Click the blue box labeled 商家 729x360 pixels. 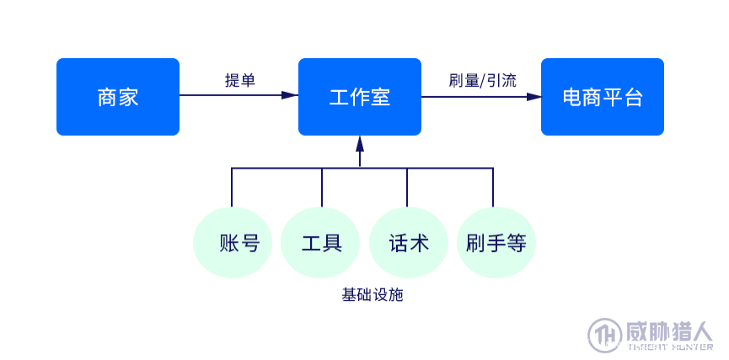click(118, 97)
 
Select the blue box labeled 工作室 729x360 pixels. click(360, 97)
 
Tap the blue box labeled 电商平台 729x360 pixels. click(602, 97)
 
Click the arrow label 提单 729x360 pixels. click(239, 80)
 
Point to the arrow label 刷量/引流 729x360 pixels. click(482, 80)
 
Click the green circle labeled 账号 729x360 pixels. click(233, 243)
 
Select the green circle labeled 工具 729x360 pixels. click(321, 243)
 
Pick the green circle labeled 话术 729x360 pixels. click(409, 243)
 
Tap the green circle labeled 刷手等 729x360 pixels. click(496, 243)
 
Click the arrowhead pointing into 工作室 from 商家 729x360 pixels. click(290, 96)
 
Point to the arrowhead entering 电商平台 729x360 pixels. click(533, 96)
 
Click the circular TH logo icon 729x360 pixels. click(604, 334)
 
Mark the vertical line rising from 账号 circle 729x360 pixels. click(233, 187)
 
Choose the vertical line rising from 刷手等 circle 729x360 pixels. click(493, 187)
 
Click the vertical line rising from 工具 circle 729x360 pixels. click(322, 187)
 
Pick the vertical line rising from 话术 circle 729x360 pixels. click(408, 187)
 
